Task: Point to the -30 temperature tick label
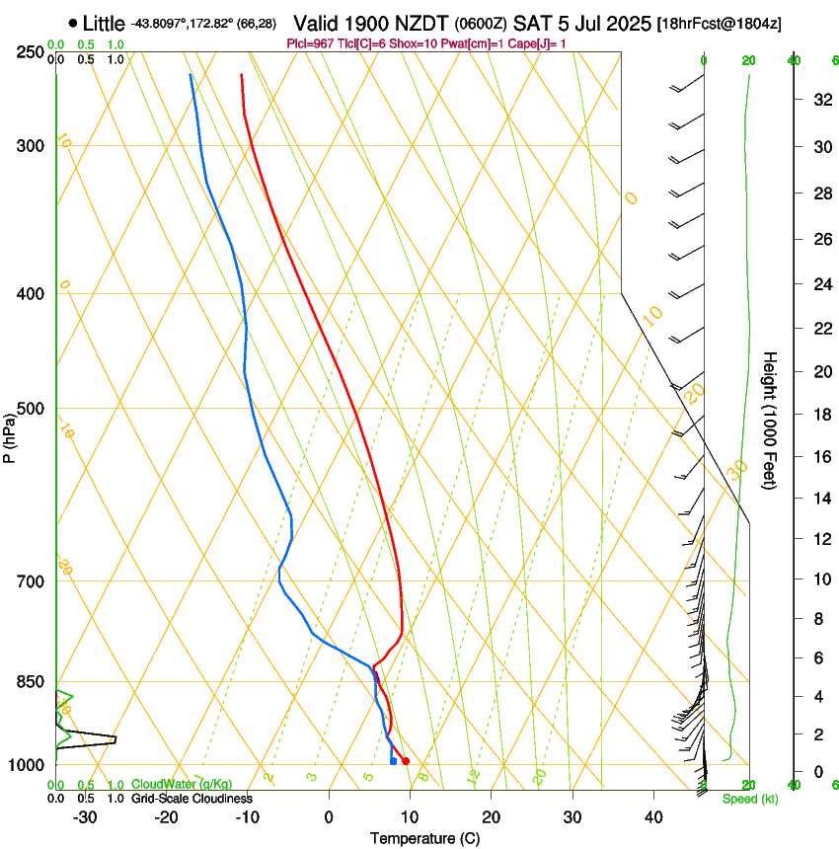pyautogui.click(x=84, y=816)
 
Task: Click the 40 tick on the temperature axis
pyautogui.click(x=652, y=816)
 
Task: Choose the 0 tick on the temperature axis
pyautogui.click(x=329, y=816)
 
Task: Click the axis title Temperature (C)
pyautogui.click(x=424, y=838)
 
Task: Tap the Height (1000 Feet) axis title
pyautogui.click(x=771, y=420)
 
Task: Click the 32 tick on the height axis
pyautogui.click(x=820, y=100)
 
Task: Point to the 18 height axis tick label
pyautogui.click(x=820, y=415)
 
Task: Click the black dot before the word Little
pyautogui.click(x=73, y=23)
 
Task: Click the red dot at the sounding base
pyautogui.click(x=406, y=761)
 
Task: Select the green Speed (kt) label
pyautogui.click(x=746, y=799)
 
